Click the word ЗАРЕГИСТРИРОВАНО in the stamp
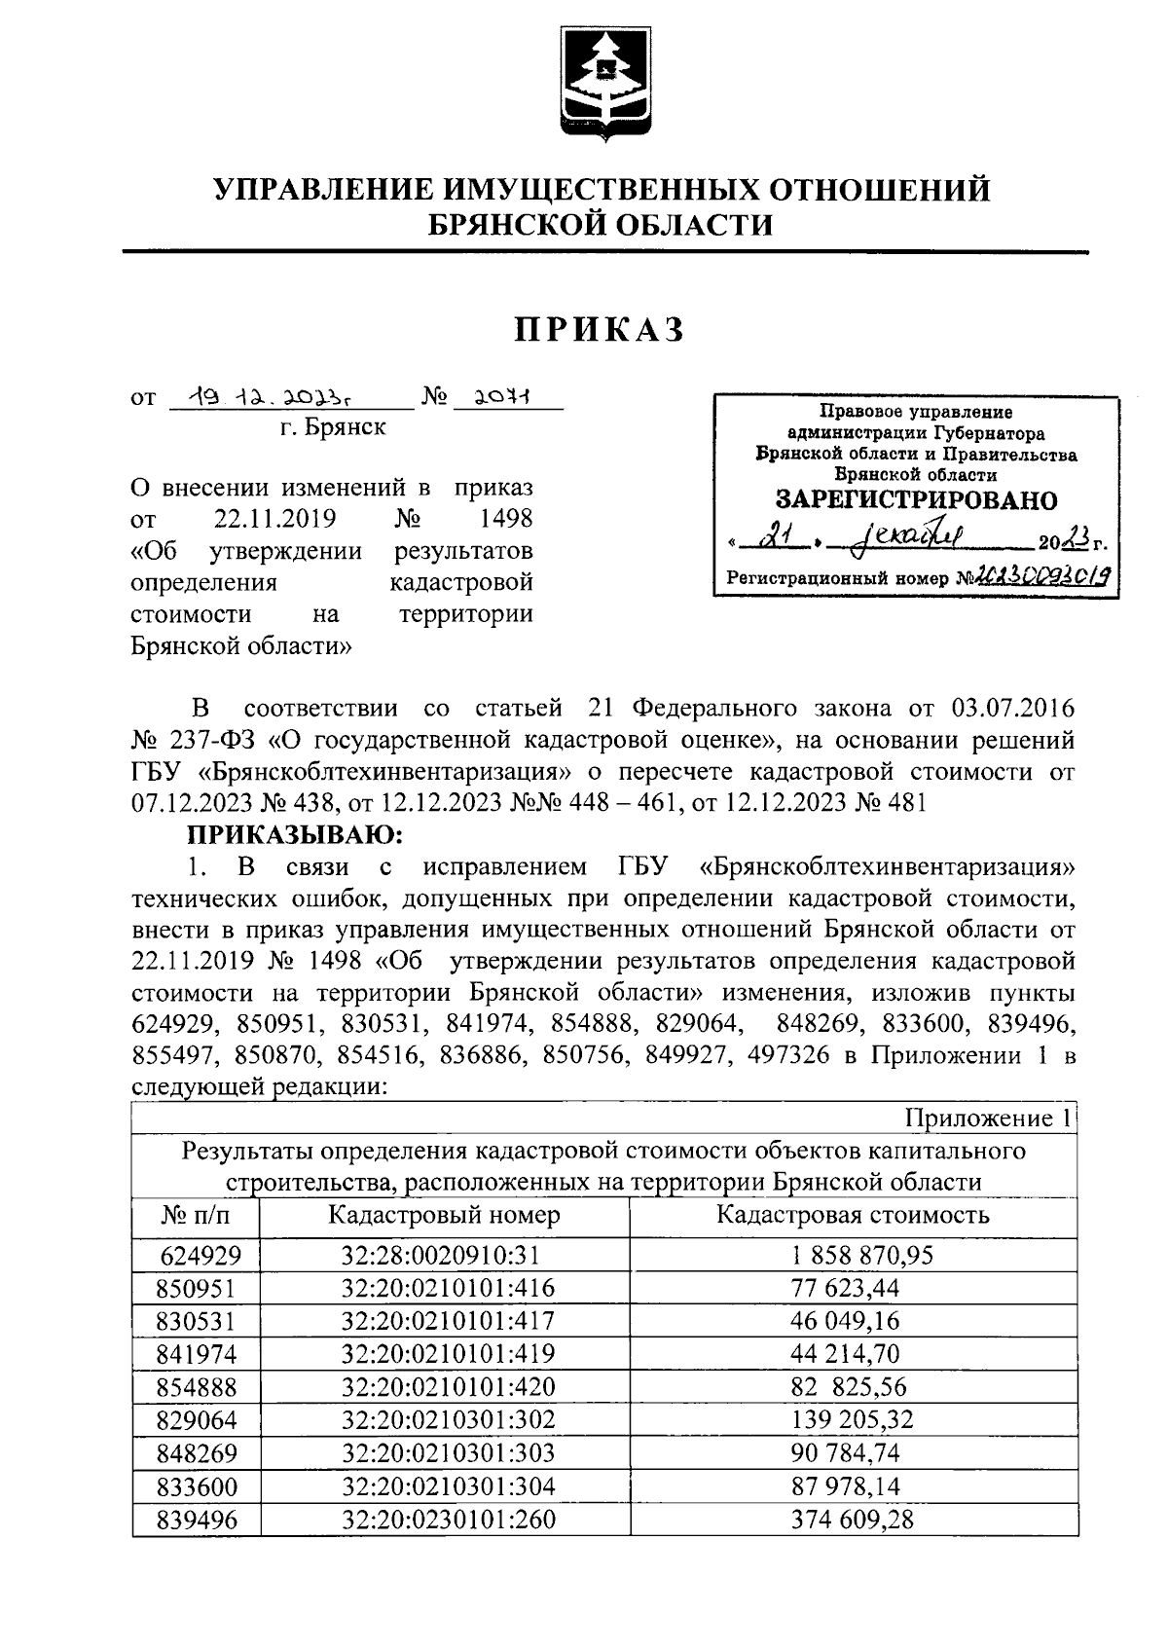coord(916,500)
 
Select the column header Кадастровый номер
coord(444,1215)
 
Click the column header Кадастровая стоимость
coord(853,1215)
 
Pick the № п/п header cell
coord(196,1216)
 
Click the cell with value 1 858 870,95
coord(853,1255)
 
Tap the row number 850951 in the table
coord(196,1289)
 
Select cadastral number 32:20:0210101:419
coord(448,1354)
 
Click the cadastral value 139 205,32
coord(853,1420)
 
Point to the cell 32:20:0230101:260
coord(448,1520)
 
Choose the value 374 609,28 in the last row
coord(853,1520)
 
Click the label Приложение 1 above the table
coord(987,1118)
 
